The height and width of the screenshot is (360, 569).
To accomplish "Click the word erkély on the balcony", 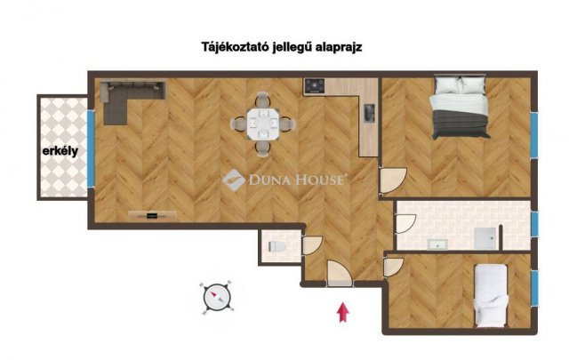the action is pyautogui.click(x=60, y=150).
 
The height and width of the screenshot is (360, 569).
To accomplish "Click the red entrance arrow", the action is pyautogui.click(x=343, y=313).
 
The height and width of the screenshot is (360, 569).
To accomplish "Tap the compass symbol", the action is pyautogui.click(x=217, y=297).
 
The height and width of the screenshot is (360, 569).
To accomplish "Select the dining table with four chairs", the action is pyautogui.click(x=263, y=124).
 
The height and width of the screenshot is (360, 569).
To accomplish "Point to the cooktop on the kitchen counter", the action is pyautogui.click(x=314, y=87).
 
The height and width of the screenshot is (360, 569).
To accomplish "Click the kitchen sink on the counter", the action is pyautogui.click(x=370, y=114).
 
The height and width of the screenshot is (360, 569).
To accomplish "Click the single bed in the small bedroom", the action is pyautogui.click(x=491, y=295).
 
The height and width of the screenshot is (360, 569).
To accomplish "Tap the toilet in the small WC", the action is pyautogui.click(x=277, y=247).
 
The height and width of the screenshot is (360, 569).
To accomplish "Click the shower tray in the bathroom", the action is pyautogui.click(x=485, y=238).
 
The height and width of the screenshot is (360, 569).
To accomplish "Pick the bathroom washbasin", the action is pyautogui.click(x=437, y=244).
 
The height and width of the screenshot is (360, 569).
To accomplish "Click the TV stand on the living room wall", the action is pyautogui.click(x=152, y=215).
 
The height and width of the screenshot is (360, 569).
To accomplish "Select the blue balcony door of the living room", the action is pyautogui.click(x=91, y=148).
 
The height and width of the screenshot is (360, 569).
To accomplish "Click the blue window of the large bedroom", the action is pyautogui.click(x=533, y=134).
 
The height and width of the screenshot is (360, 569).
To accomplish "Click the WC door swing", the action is pyautogui.click(x=311, y=245).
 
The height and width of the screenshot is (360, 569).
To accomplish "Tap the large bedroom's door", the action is pyautogui.click(x=393, y=180).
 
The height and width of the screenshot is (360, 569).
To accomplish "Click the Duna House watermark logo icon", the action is pyautogui.click(x=233, y=180).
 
